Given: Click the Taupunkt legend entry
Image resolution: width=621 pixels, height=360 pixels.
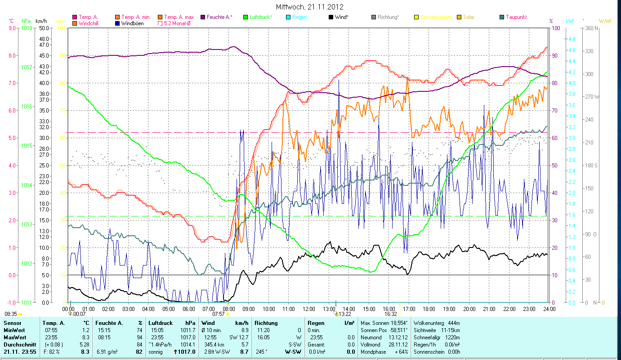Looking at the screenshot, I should tap(516, 17).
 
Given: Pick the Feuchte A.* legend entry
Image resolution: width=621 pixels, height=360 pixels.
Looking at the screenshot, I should tap(219, 17).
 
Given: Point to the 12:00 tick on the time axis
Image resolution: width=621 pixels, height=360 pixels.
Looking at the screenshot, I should tap(308, 309).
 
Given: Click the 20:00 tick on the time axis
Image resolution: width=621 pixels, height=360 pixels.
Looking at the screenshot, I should tap(469, 309).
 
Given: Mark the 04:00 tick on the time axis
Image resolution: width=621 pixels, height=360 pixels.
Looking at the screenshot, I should tap(148, 309).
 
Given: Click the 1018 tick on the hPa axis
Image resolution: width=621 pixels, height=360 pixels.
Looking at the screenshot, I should tap(27, 28).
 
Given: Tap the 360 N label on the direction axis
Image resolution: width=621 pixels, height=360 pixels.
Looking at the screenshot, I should tap(590, 28).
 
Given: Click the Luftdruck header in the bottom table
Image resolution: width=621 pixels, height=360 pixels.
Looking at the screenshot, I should tap(161, 323).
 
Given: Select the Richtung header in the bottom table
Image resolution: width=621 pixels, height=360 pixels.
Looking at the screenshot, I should tap(266, 323).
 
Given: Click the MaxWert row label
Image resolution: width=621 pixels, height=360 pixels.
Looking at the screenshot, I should tap(14, 337).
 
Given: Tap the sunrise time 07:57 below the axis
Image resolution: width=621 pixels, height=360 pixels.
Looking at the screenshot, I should tap(218, 314).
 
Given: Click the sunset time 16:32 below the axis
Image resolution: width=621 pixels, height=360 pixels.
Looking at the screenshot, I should tap(390, 314).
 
